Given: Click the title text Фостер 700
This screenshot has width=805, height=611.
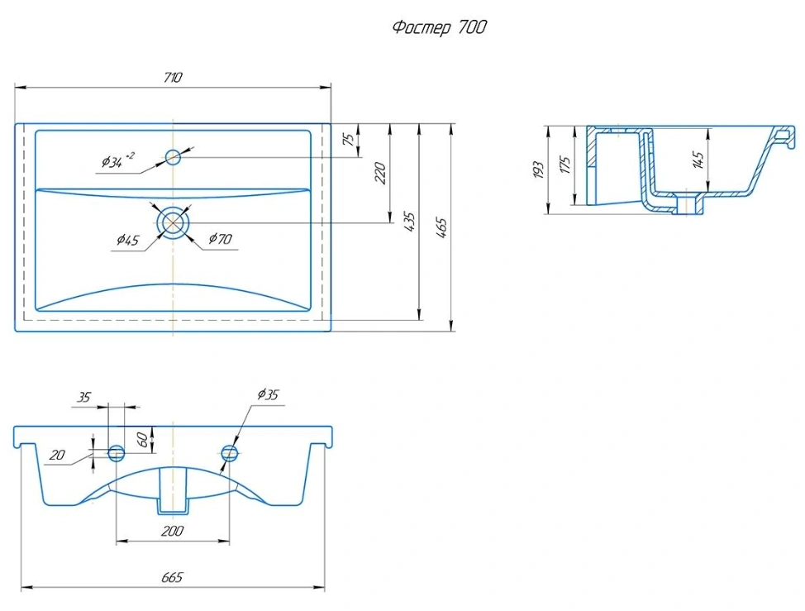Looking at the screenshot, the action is [x=439, y=27].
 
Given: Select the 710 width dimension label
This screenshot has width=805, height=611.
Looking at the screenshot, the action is [x=173, y=78].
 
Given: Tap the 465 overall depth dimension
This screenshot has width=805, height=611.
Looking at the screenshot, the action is [x=442, y=228].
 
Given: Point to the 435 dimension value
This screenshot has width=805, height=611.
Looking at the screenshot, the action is [x=410, y=222].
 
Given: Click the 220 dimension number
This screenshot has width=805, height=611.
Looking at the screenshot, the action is [x=380, y=173].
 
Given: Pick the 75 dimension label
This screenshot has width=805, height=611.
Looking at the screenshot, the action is [x=349, y=139].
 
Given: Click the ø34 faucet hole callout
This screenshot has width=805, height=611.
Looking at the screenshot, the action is [x=117, y=160].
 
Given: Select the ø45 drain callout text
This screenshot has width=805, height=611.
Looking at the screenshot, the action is [x=127, y=240].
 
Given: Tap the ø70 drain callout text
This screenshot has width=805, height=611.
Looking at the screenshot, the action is [x=220, y=239].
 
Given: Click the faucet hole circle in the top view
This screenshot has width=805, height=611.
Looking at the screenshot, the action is [x=173, y=156].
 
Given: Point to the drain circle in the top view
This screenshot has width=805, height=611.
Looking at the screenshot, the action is [x=173, y=223].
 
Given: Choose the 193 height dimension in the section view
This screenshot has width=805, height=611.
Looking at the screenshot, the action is [x=538, y=170].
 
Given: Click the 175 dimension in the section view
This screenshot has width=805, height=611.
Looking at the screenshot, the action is [x=565, y=165].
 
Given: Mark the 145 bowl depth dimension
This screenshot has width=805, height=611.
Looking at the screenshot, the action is [x=698, y=160].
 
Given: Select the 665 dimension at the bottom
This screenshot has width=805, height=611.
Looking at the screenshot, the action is [x=172, y=578].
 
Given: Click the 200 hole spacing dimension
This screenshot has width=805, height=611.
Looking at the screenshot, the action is [x=172, y=531].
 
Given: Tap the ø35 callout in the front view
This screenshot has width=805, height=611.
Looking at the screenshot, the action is [x=268, y=394].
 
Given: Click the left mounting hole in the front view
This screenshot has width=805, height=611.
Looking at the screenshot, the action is [x=117, y=453].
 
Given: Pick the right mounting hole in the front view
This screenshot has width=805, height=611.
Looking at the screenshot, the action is [x=230, y=453].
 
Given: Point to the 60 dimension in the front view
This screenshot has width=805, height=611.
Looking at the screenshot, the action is [x=143, y=440].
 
